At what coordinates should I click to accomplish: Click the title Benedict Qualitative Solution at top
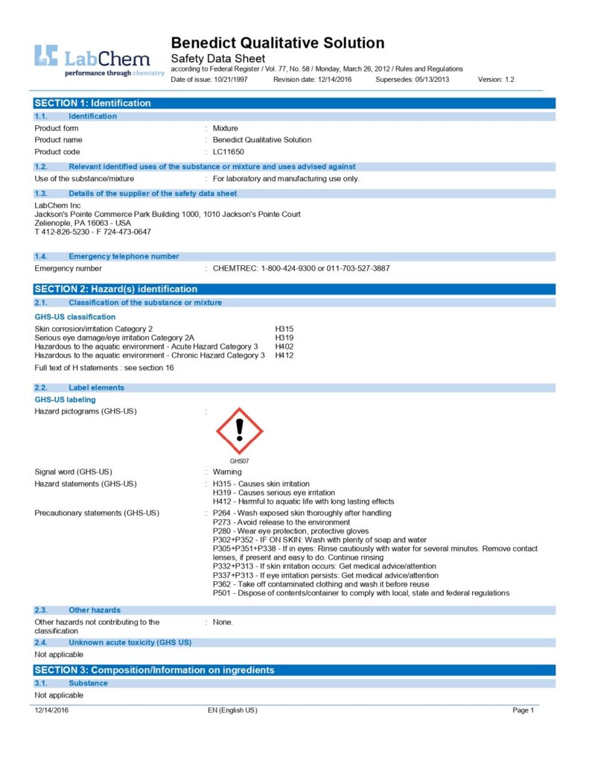277,42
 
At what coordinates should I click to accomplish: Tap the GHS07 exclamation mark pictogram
239,431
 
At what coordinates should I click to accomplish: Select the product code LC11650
229,151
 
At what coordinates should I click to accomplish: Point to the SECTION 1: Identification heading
93,103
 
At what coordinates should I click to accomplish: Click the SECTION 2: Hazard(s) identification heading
116,288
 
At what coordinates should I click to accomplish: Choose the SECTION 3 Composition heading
154,670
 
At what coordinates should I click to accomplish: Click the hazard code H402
284,346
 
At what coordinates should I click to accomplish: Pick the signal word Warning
227,472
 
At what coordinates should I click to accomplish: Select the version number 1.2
506,79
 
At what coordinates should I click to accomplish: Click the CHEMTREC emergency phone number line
301,268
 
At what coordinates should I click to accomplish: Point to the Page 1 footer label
523,710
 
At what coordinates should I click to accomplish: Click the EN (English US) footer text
232,710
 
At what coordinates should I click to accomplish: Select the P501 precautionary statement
361,593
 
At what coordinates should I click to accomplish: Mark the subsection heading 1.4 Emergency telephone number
124,256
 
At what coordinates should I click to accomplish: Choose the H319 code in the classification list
284,338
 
